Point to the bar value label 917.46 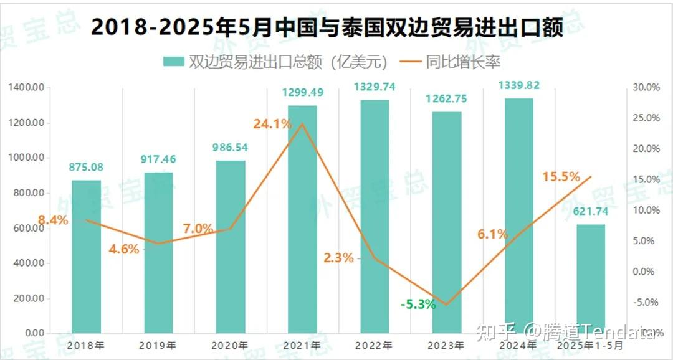point(158,159)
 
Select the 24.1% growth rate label point(272,124)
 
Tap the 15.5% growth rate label point(561,177)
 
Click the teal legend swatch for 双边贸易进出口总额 point(173,61)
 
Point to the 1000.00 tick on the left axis point(27,158)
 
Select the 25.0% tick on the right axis point(646,118)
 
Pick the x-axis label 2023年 point(446,344)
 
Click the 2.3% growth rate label point(338,257)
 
